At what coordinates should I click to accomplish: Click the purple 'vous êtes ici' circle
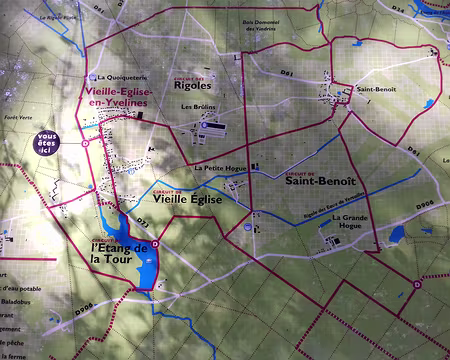tap(46, 142)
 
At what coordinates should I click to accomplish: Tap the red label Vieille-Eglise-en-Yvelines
tap(112, 95)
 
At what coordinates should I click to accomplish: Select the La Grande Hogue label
tap(351, 222)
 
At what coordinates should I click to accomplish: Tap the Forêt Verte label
tap(17, 118)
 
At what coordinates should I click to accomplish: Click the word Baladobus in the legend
tap(17, 298)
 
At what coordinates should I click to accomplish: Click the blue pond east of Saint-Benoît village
tap(429, 103)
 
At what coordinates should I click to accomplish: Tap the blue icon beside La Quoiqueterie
tap(92, 77)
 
